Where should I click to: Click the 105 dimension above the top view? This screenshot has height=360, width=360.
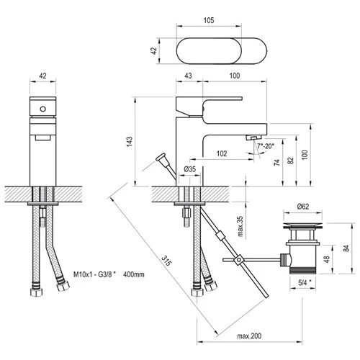(x=209, y=20)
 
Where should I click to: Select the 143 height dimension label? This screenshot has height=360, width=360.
(x=130, y=142)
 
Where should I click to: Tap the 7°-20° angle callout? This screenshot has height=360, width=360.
(x=266, y=145)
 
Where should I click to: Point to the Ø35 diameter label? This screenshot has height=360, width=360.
(x=190, y=169)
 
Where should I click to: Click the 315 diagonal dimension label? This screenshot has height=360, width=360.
(x=166, y=261)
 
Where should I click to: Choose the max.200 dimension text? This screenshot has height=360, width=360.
(x=249, y=336)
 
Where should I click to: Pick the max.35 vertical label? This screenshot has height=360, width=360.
(x=240, y=226)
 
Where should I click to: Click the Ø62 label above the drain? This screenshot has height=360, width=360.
(x=303, y=206)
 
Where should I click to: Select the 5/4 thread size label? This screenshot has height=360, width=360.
(x=304, y=283)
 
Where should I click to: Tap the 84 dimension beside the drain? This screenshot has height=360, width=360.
(x=346, y=248)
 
